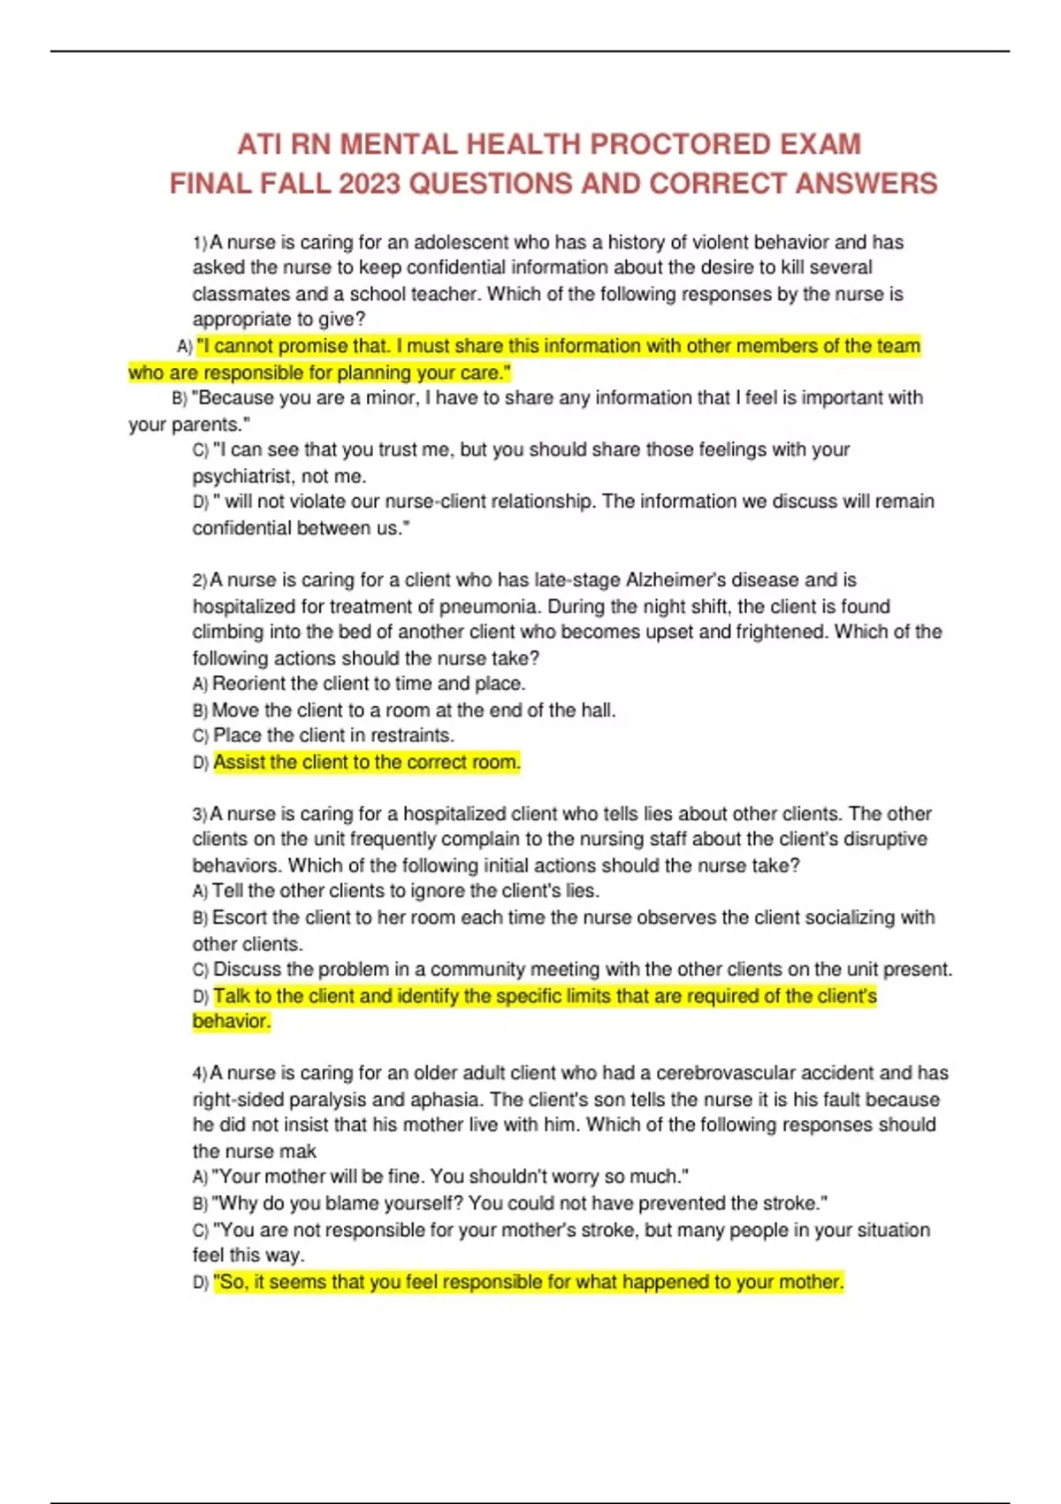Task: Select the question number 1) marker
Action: coord(200,243)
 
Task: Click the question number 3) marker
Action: coord(200,815)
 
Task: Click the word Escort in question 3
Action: coord(240,917)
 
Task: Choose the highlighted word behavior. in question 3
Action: coord(232,1021)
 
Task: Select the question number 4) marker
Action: coord(200,1074)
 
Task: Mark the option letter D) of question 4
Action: coord(201,1283)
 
